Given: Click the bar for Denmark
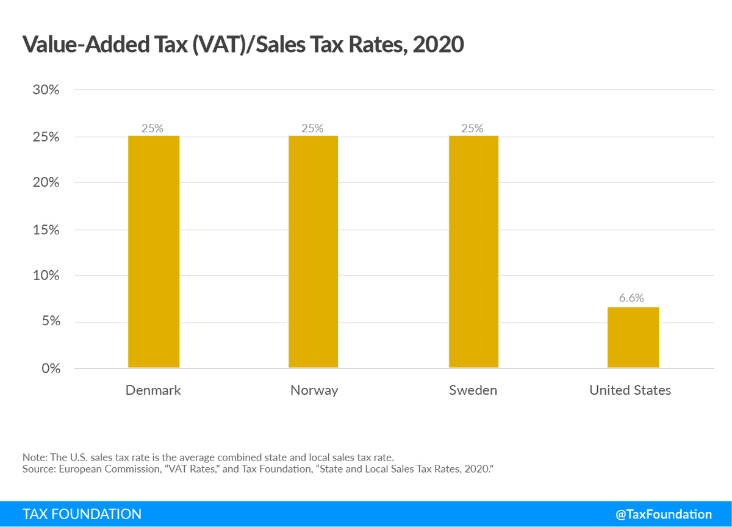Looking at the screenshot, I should point(154,251).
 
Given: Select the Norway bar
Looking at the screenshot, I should point(314,251).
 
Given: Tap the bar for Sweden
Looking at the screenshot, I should point(473,251).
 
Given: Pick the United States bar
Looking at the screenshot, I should point(633,337).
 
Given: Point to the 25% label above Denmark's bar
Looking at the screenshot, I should point(153,128).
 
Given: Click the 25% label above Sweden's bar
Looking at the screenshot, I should point(473,128).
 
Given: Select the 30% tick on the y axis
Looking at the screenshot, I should point(46,90).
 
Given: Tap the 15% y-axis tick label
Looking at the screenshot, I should point(46,229).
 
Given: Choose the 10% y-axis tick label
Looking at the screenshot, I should point(46,276).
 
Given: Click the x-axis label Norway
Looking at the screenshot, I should point(314,390).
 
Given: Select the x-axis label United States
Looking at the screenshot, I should point(630,390).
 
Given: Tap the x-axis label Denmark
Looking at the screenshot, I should point(153,390).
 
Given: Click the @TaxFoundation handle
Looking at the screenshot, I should point(664,514).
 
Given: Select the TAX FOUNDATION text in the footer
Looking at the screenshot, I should point(82,514).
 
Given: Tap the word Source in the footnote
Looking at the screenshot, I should point(36,468).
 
